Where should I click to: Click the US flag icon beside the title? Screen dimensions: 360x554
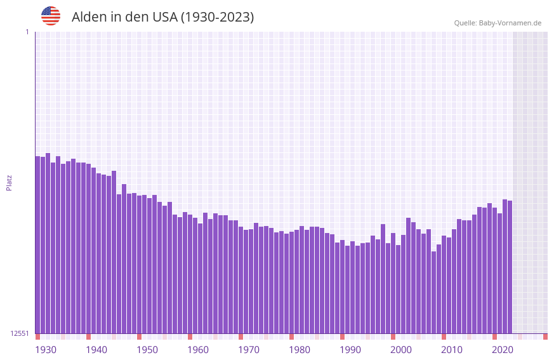coord(51,16)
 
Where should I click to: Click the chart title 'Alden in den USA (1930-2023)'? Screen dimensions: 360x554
coord(162,17)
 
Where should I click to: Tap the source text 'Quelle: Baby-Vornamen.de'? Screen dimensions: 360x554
coord(498,23)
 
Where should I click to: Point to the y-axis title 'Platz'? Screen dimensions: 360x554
coord(9,182)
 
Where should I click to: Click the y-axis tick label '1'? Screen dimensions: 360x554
coord(27,32)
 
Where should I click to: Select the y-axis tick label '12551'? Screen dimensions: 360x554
coord(20,333)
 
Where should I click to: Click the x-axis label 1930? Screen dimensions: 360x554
coord(46,350)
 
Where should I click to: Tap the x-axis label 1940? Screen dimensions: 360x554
coord(96,350)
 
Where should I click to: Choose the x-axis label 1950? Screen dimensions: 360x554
coord(147,350)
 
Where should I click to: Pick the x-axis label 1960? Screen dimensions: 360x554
coord(198,350)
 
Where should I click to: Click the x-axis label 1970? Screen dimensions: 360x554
coord(249,350)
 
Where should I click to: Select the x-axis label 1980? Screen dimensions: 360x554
coord(300,350)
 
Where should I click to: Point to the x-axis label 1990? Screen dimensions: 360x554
coord(350,350)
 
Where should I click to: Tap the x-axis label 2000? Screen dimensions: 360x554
coord(401,350)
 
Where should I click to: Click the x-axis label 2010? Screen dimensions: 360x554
coord(452,350)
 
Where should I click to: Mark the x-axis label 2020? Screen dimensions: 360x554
coord(503,350)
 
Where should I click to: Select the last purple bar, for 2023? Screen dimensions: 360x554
coord(510,267)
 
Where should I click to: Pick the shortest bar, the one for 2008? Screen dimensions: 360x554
coord(433,292)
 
